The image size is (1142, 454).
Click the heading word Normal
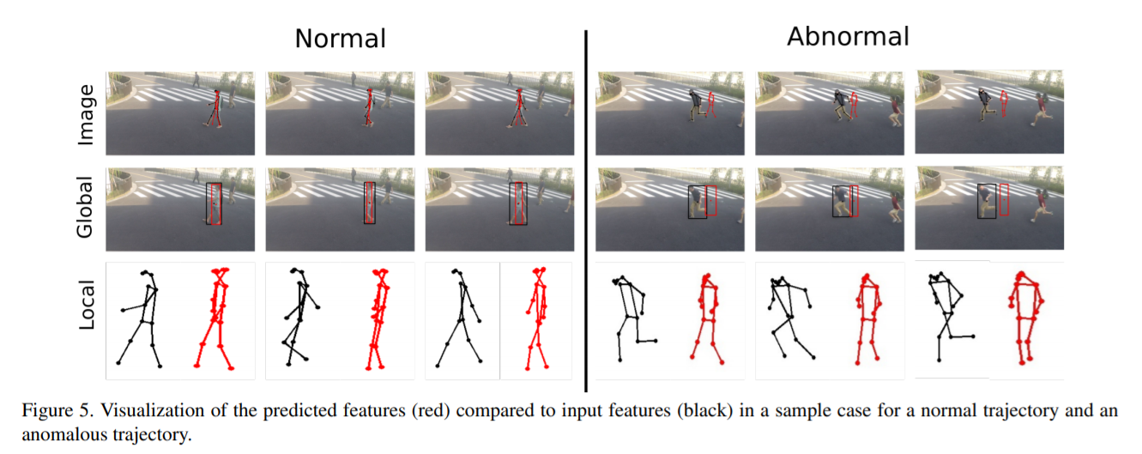[x=340, y=39]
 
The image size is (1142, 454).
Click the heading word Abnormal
[x=848, y=37]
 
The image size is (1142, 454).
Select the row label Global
[x=87, y=209]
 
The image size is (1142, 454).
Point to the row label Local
[x=87, y=304]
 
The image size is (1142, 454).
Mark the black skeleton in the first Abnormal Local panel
[x=631, y=314]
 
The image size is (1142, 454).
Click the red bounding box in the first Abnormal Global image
[x=710, y=201]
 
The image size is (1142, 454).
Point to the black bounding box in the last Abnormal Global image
[x=987, y=200]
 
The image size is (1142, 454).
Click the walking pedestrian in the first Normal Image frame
[x=216, y=107]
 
